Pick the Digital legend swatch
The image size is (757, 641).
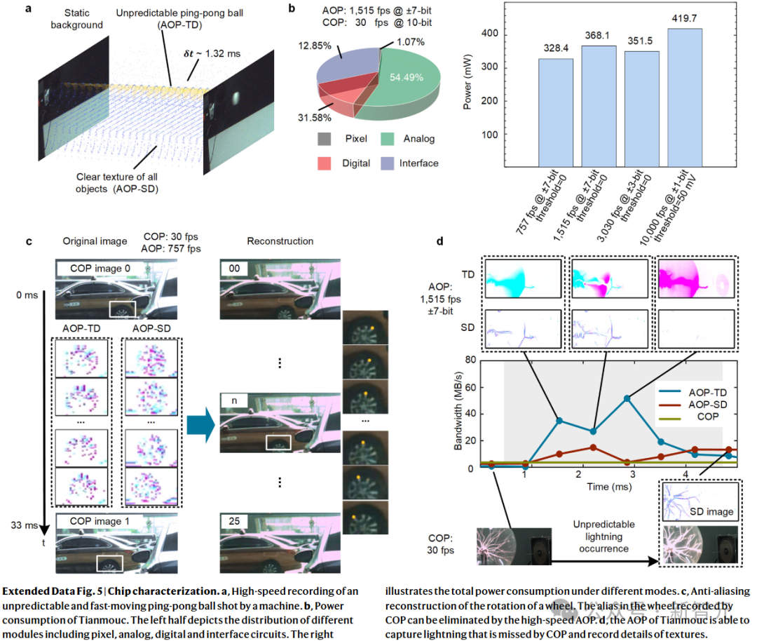[325, 163]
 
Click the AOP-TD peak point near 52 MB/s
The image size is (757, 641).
[627, 398]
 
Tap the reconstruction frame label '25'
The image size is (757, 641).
[234, 521]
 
